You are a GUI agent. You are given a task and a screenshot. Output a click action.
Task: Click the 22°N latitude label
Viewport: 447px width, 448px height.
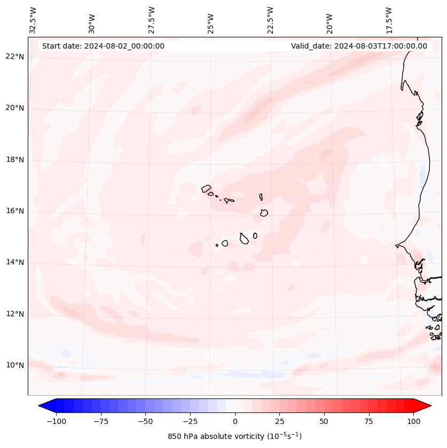click(15, 57)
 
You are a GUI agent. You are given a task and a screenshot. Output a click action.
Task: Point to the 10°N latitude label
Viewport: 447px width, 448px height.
click(15, 365)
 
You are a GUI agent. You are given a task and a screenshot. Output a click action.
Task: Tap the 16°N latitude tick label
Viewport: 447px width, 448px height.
click(15, 211)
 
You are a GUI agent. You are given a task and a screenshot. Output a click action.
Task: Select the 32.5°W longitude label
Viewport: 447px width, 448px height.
click(33, 20)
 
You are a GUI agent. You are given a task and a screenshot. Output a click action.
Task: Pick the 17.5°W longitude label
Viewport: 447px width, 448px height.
click(389, 20)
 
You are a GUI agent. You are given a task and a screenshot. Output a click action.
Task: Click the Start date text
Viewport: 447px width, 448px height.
click(103, 46)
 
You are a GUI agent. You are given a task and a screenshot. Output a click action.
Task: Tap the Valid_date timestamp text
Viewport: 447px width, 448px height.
click(359, 46)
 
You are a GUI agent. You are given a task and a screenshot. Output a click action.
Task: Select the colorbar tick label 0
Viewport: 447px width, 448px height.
click(235, 421)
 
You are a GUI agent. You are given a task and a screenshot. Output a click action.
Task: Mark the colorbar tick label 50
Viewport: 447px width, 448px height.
click(324, 421)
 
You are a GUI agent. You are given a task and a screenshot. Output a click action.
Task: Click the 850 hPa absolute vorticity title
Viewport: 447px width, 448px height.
click(234, 436)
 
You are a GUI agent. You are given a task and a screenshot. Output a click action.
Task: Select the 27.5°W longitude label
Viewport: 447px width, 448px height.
click(152, 20)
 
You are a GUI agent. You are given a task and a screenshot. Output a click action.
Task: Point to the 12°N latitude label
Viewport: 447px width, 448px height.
click(15, 314)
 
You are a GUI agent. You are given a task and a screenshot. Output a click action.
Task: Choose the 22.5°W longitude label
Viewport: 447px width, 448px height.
click(270, 20)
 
